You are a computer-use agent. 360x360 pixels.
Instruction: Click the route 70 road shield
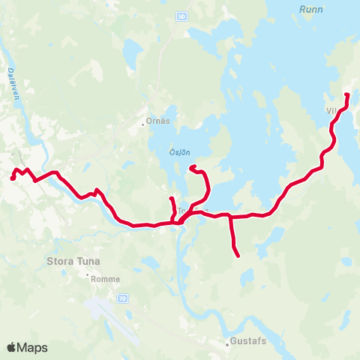(121, 298)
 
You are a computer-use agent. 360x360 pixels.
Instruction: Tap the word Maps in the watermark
(32, 347)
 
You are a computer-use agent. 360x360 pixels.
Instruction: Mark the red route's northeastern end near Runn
(346, 94)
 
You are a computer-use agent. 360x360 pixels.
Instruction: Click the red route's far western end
(13, 178)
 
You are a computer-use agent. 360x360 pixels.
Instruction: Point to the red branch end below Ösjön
(192, 167)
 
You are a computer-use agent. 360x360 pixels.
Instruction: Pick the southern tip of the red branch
(238, 256)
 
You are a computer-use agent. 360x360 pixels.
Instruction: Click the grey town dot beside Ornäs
(144, 124)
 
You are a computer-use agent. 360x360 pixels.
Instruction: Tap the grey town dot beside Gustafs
(227, 346)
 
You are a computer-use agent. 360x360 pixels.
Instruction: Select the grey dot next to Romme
(88, 275)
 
